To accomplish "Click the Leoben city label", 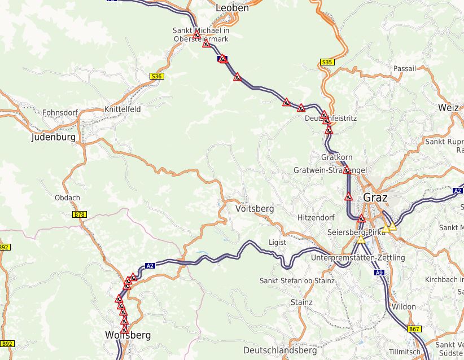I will [232, 8].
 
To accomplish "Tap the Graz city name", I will [375, 197].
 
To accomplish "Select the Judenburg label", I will [53, 137].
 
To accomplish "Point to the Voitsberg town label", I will [254, 209].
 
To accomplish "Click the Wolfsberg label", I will [128, 335].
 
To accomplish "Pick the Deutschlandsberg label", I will [280, 350].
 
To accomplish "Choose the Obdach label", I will [68, 198].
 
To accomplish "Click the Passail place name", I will [405, 68].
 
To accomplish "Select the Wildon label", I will [404, 307].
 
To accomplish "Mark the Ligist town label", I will [277, 242].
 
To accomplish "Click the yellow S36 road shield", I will [156, 76].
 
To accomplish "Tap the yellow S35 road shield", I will [326, 62].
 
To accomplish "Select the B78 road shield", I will [80, 214].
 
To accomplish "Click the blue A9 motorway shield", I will [379, 273].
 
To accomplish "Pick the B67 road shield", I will [414, 329].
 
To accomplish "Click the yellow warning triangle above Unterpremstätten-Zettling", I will [360, 240].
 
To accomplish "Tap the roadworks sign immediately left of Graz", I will [349, 197].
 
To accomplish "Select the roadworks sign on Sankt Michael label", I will [197, 36].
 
